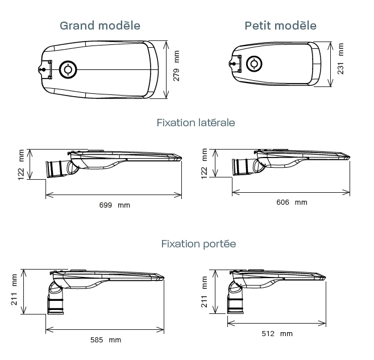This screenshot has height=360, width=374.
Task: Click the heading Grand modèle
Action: click(x=100, y=26)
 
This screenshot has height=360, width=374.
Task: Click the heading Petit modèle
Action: click(x=280, y=26)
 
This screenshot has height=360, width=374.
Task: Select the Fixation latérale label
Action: click(x=196, y=123)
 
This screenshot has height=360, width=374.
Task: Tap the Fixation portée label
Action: click(x=198, y=244)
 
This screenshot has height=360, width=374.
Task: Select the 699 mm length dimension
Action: click(x=114, y=205)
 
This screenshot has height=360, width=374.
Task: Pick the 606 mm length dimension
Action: click(x=291, y=202)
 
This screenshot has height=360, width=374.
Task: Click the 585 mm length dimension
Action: click(x=105, y=340)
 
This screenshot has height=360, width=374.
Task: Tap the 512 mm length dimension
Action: click(x=277, y=333)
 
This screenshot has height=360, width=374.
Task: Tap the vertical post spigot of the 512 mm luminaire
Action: click(x=235, y=297)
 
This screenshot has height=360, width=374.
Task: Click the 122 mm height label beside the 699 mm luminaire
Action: click(x=22, y=164)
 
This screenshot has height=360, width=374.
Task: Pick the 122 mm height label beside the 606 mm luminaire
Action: click(x=205, y=164)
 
